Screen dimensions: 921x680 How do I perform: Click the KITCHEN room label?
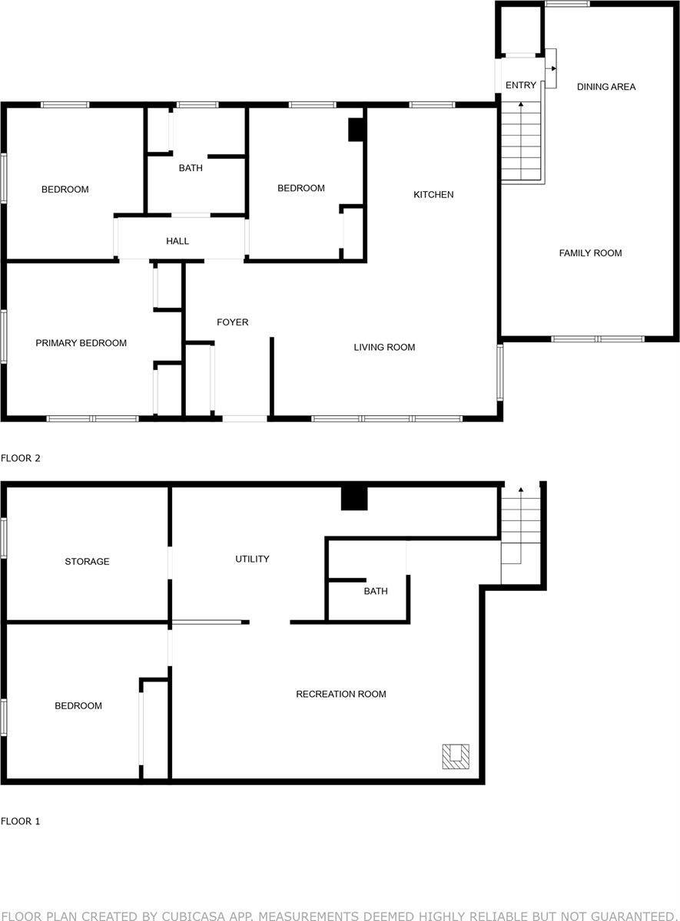click(433, 195)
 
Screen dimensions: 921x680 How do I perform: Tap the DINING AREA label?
click(606, 87)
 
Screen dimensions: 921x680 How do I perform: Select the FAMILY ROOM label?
click(590, 253)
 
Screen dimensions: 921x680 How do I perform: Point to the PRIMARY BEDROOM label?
click(81, 343)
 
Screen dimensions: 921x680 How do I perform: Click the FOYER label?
click(232, 322)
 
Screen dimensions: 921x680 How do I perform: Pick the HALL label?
click(177, 241)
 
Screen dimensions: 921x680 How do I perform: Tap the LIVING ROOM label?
click(384, 348)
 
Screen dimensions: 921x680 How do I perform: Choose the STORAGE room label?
click(87, 562)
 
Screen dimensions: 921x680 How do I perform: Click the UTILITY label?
click(252, 559)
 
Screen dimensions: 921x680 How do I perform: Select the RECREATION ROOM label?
click(341, 695)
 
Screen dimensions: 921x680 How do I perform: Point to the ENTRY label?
click(521, 85)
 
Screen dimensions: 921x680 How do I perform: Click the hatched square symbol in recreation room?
click(456, 756)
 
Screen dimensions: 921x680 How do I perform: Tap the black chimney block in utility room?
click(355, 499)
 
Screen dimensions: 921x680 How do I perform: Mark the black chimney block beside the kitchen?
click(357, 130)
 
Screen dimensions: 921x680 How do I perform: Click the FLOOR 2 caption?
click(21, 459)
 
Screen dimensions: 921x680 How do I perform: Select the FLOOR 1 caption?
click(21, 821)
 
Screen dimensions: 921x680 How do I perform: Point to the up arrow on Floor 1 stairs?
click(522, 490)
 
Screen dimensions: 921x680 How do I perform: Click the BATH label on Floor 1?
click(376, 592)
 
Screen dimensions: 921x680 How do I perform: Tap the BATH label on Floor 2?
click(191, 168)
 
